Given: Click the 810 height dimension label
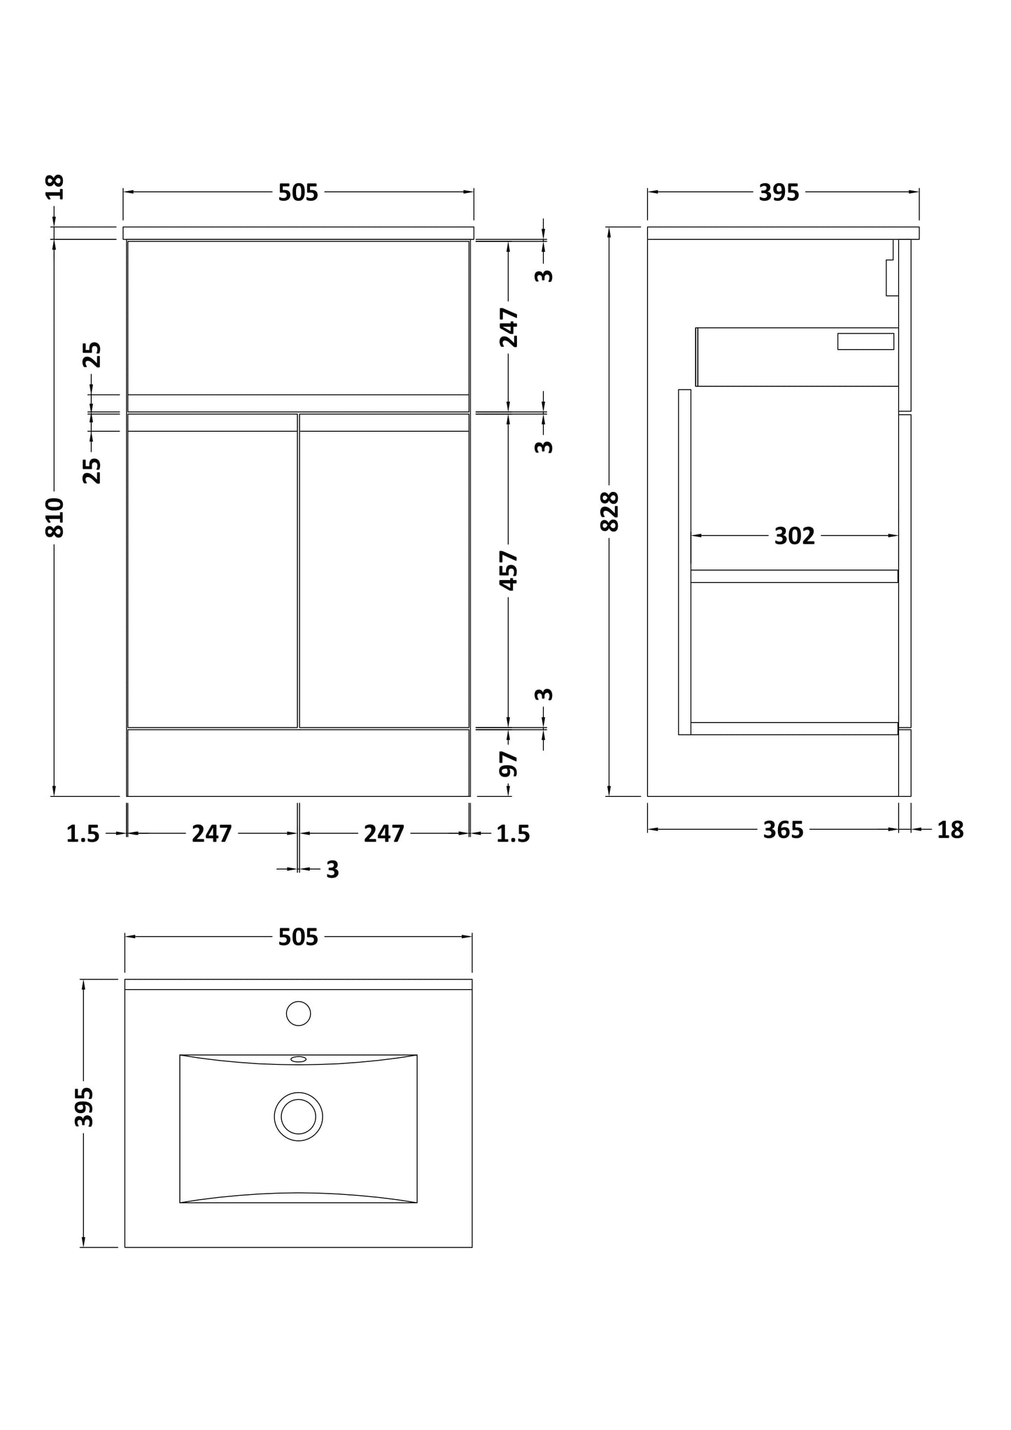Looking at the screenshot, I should point(55,518).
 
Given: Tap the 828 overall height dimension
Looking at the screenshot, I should point(610,511).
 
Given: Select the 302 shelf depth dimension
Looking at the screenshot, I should point(794,536).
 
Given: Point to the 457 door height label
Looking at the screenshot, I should point(509,570).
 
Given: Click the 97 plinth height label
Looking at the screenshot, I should point(509,763).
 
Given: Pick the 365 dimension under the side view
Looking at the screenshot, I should point(783,830).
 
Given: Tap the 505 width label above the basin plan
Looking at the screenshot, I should point(298,937).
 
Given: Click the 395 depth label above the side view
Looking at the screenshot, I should point(779,192).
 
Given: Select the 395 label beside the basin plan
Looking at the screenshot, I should point(84,1107).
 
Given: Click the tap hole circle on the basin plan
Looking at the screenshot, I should point(299,1013).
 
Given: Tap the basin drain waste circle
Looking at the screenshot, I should point(299,1117).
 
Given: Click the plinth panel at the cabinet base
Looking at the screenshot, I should point(298,763).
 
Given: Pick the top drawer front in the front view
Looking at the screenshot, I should point(298,318).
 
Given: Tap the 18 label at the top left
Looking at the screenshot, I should point(55,187).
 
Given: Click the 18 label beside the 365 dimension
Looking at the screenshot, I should point(950,830).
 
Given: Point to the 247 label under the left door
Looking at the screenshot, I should point(212,833).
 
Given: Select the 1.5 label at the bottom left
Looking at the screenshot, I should point(83,834).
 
